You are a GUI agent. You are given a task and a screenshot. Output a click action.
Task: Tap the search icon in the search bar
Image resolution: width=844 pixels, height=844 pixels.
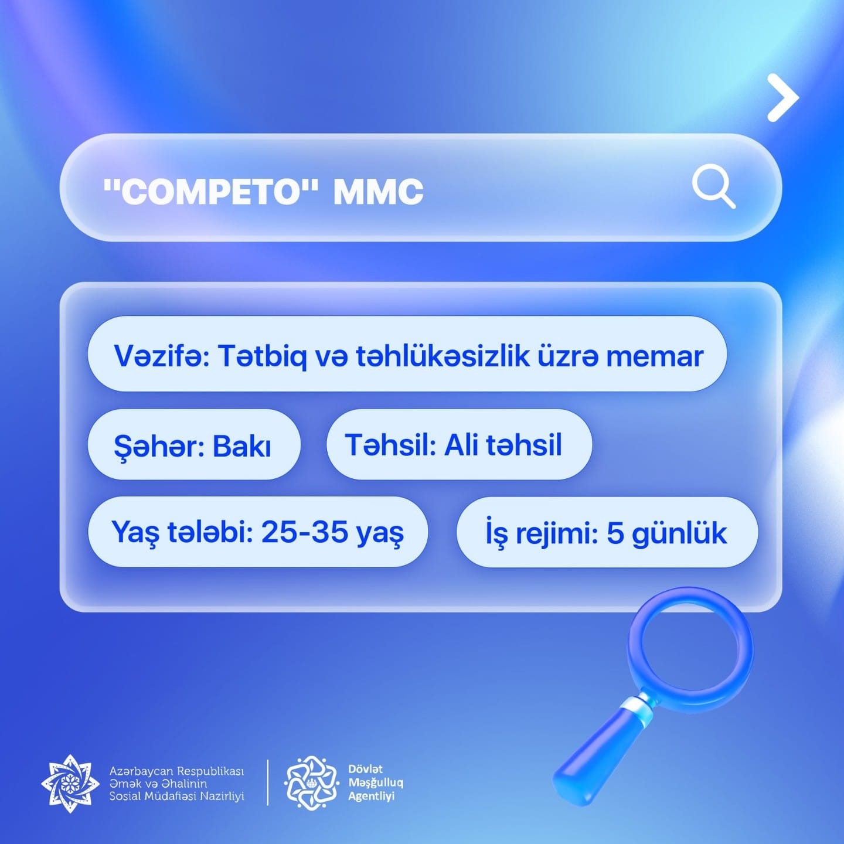[x=713, y=186]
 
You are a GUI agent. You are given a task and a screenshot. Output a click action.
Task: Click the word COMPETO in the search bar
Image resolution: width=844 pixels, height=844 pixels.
[x=210, y=192]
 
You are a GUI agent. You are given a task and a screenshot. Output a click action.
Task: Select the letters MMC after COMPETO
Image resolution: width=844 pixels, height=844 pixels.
[x=379, y=192]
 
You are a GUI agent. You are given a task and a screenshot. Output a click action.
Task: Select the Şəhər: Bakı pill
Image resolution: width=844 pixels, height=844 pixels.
[x=194, y=444]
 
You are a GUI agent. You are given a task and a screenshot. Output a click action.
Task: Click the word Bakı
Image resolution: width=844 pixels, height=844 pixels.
[x=241, y=446]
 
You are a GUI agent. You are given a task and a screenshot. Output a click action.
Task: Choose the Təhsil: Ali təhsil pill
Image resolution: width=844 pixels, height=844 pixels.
[x=459, y=444]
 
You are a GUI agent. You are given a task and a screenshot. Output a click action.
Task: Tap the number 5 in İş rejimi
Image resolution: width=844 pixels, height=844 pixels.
[x=615, y=533]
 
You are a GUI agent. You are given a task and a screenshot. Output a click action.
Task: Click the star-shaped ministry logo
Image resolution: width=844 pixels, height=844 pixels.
[x=70, y=783]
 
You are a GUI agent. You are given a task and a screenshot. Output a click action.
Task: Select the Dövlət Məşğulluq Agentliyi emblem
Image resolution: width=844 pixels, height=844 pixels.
[x=311, y=782]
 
